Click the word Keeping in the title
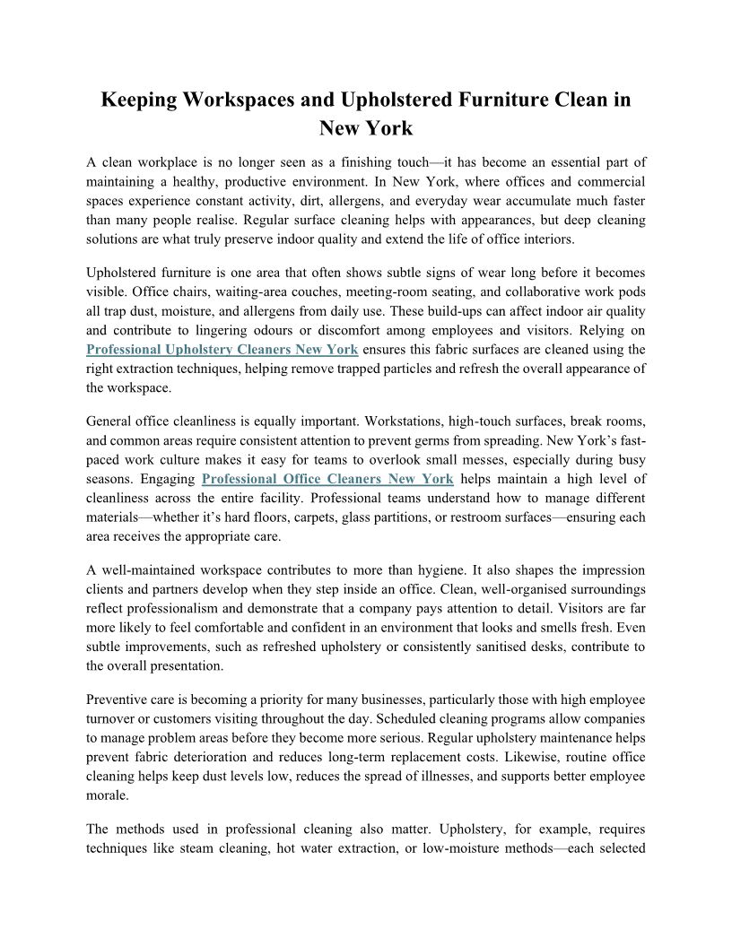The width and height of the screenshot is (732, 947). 137,100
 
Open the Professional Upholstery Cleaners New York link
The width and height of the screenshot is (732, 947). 222,350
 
